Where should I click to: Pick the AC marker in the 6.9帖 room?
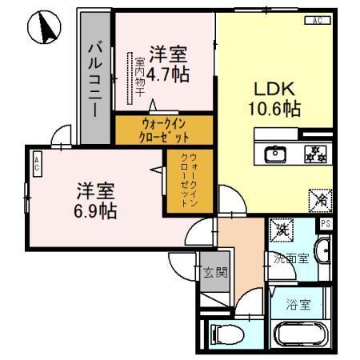38,166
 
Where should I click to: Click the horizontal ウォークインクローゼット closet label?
164,130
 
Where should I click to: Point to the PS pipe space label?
326,224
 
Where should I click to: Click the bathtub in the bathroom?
298,334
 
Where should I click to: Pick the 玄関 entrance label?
214,272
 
